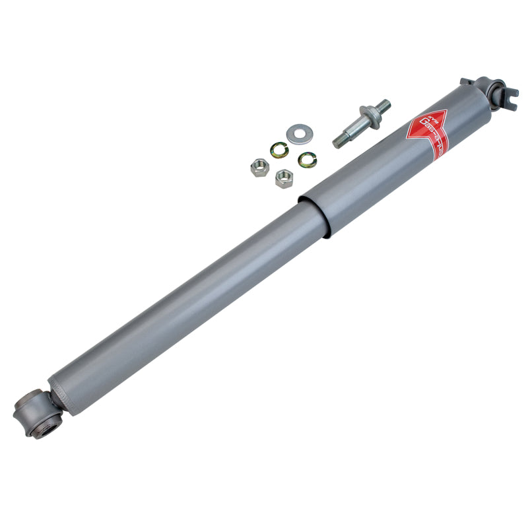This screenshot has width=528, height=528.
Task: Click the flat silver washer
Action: (x=300, y=135)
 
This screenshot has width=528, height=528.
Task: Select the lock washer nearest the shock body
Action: (x=307, y=159)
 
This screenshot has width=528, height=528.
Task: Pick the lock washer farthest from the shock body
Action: (x=279, y=151)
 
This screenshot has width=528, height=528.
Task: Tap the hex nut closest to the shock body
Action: (x=284, y=178)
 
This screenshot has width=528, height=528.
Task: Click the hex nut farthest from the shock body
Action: (x=259, y=167)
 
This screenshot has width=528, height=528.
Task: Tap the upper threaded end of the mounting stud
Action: (x=382, y=106)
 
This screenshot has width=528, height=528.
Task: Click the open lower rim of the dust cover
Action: (x=313, y=215)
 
